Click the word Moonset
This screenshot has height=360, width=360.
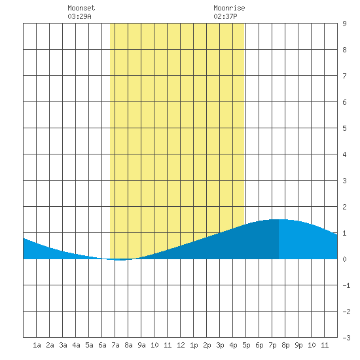[x=81, y=8]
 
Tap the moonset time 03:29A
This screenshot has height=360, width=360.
[x=79, y=16]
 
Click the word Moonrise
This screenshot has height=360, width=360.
[x=229, y=8]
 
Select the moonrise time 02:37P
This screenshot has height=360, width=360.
[x=225, y=16]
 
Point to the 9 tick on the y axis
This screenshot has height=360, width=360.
[x=344, y=24]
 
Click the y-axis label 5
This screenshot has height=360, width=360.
[x=344, y=128]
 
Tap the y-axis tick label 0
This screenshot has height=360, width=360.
[x=344, y=259]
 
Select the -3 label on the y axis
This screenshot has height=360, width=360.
[x=346, y=338]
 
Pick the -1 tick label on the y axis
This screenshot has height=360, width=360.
[x=346, y=285]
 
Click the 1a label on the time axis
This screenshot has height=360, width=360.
[x=37, y=345]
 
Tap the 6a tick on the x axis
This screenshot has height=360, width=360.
[x=102, y=345]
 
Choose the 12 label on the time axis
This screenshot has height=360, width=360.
[x=181, y=345]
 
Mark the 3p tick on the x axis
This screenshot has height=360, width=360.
[x=220, y=345]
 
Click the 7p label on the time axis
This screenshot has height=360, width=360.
[x=272, y=345]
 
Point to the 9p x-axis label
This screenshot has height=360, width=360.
[x=298, y=345]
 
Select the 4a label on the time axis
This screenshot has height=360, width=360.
[x=76, y=345]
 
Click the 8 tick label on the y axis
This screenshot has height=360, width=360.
[x=344, y=50]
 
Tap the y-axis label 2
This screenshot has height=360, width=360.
[x=344, y=207]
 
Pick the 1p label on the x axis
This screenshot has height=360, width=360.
[x=194, y=345]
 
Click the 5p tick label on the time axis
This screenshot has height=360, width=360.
[x=246, y=345]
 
